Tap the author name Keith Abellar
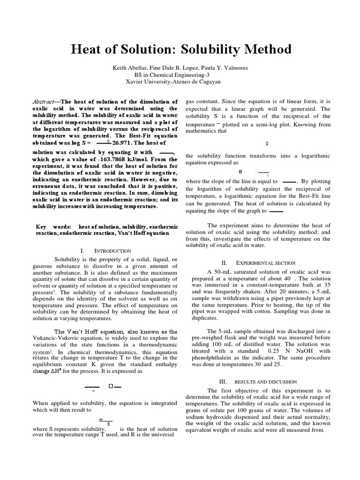click(x=130, y=68)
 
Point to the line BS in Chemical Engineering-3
click(x=180, y=75)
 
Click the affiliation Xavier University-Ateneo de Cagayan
click(x=180, y=81)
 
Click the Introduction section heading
click(x=113, y=251)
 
